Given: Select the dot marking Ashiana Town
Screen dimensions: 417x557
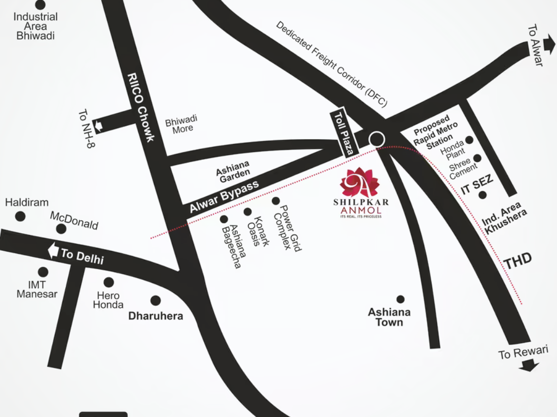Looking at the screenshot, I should [x=400, y=299].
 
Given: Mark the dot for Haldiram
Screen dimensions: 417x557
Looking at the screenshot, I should [x=20, y=216].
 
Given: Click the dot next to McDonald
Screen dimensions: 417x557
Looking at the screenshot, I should [x=61, y=228].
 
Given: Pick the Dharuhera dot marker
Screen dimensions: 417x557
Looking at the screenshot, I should [x=156, y=300].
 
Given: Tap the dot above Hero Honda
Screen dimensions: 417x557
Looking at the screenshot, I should [x=109, y=282].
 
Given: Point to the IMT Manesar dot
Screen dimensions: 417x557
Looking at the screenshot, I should [x=43, y=272].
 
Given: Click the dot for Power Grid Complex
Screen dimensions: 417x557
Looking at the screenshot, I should [x=276, y=201].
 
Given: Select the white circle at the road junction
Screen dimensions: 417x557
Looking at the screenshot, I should [x=377, y=139].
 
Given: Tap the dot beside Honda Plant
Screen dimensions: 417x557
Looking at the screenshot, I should [x=470, y=140].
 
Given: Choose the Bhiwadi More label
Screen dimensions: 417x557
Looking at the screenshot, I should [x=181, y=124].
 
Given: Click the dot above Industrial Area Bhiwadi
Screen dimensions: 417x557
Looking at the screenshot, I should [x=41, y=5].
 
